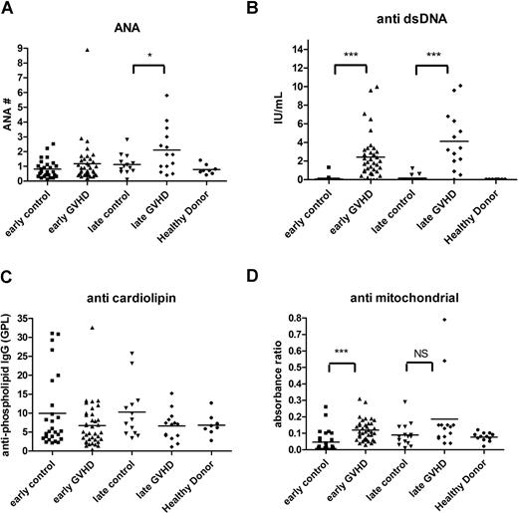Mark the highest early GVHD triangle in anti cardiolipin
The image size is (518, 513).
click(92, 328)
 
